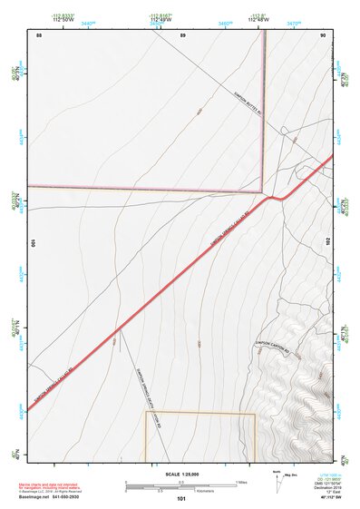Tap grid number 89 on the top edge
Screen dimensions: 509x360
pos(182,34)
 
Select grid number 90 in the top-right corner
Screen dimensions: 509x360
pos(323,34)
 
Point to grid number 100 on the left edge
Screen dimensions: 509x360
pos(34,244)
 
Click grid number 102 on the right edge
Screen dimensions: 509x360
pos(326,243)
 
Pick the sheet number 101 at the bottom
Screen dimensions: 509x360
pos(181,499)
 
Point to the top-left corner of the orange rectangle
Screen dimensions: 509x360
pos(146,413)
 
